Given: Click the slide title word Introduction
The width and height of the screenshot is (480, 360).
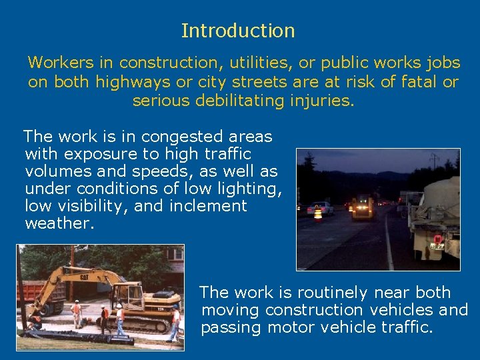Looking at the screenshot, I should [x=237, y=31].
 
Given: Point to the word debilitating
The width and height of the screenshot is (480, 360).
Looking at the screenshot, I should [x=227, y=101].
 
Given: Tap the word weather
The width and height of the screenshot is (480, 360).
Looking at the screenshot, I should [x=59, y=223].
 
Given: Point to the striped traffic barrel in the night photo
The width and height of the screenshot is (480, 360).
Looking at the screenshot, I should [x=318, y=213].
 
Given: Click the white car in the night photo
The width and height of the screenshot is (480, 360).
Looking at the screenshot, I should [x=323, y=207].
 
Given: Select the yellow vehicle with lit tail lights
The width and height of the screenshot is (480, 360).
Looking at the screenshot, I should [x=363, y=207].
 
